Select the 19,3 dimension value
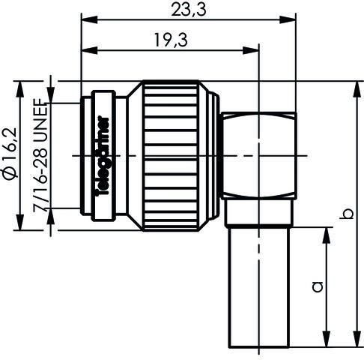[x=170, y=42]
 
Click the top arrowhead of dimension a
[x=326, y=229]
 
